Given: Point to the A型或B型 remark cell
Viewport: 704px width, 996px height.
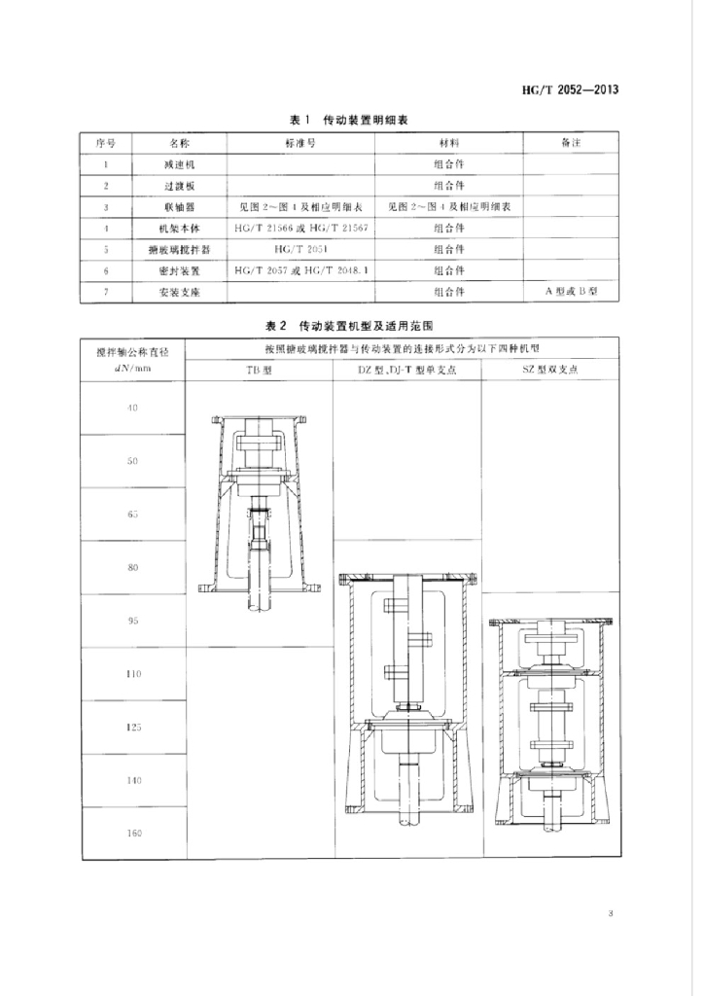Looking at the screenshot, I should tap(572, 291).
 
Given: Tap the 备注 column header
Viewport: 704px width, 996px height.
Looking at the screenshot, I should tap(572, 142).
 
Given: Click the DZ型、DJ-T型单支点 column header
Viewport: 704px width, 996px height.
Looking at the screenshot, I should tap(407, 372).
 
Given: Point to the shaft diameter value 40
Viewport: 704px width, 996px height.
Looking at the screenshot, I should tap(133, 408).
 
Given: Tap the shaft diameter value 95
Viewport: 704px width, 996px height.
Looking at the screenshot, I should tap(133, 621).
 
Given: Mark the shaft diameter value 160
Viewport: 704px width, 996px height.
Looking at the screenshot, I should tap(133, 833).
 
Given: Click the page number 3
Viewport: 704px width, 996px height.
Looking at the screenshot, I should tap(610, 913).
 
